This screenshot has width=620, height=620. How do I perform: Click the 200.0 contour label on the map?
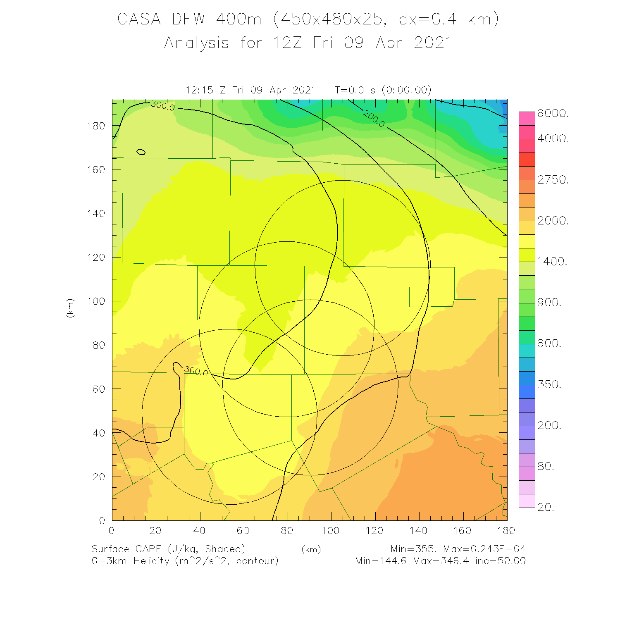(x=374, y=119)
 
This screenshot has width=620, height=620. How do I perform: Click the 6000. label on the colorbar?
(x=553, y=114)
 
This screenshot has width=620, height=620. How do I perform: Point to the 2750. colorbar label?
(x=553, y=180)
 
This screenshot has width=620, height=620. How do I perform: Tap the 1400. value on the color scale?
(x=552, y=262)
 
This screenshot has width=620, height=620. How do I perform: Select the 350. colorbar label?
(x=549, y=384)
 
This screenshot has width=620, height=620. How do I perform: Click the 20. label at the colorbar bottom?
(x=546, y=507)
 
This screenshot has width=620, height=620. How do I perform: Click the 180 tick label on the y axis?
(x=96, y=126)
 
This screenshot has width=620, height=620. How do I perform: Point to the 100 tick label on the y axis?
(x=96, y=301)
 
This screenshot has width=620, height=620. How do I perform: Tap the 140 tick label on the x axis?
(x=418, y=531)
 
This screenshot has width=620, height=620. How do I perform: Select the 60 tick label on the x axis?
(x=243, y=531)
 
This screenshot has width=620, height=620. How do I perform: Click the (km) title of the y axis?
(x=70, y=308)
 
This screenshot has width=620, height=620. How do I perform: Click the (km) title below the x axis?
(x=311, y=549)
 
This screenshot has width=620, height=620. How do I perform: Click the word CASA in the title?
(x=139, y=19)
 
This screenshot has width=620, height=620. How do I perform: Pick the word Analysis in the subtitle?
(x=197, y=43)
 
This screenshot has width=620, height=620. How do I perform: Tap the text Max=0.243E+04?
(x=484, y=549)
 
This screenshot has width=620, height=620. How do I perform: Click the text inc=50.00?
(x=500, y=561)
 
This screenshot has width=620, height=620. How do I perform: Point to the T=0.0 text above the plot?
(x=350, y=90)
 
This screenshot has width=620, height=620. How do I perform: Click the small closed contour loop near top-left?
(x=141, y=152)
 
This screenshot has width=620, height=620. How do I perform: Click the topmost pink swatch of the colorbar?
(x=527, y=118)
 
